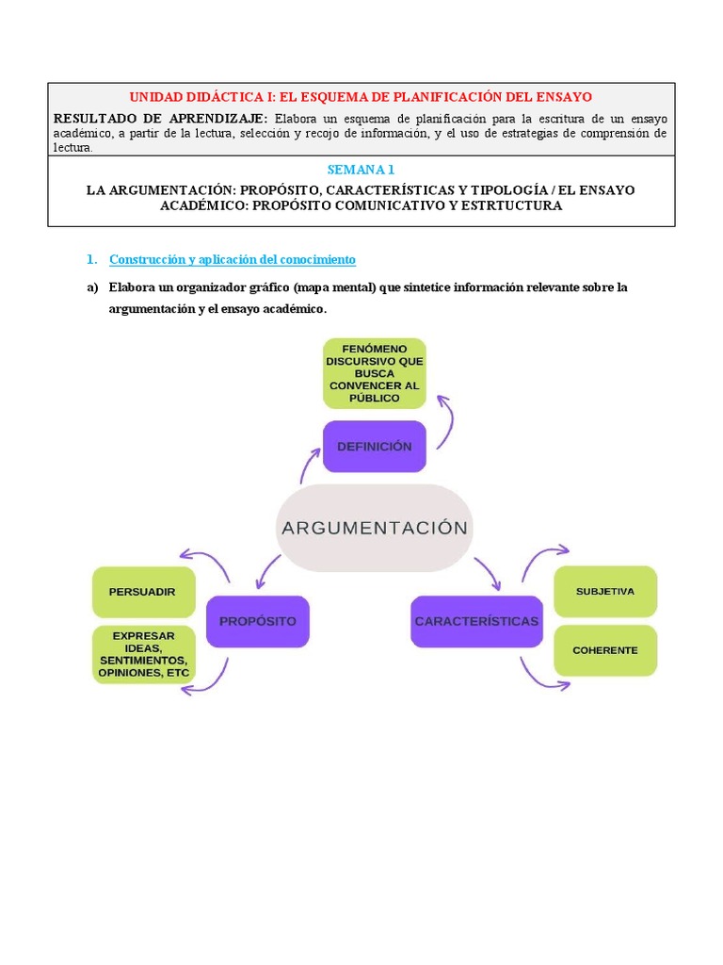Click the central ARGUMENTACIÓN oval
point(374,528)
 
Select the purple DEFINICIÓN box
point(374,446)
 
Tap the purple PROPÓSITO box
point(257,621)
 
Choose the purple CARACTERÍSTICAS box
point(476,621)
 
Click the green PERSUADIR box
point(143,592)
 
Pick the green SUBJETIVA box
point(605,592)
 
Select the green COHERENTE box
point(605,650)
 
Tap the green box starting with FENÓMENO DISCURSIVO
point(374,373)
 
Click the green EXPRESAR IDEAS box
point(143,655)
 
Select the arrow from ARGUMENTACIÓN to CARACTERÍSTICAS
point(487,571)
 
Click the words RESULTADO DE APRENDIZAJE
point(160,119)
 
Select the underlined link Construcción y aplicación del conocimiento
point(233,259)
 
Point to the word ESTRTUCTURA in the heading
point(509,205)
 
